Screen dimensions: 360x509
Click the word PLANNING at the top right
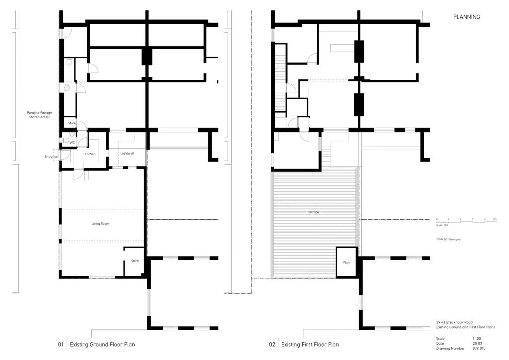pos(466,17)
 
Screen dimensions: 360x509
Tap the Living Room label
pos(100,224)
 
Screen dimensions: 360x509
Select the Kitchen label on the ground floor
pos(90,154)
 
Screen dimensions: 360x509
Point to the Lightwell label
pos(127,153)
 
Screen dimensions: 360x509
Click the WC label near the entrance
pos(72,142)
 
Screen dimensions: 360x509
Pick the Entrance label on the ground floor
pos(51,157)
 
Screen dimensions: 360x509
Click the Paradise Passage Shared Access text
pos(39,115)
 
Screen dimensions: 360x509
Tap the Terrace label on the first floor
pos(313,212)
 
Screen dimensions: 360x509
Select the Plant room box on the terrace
pos(347,262)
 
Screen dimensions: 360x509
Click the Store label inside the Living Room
pos(135,261)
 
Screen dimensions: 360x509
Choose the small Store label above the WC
pos(72,123)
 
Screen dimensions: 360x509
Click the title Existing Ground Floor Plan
pos(102,344)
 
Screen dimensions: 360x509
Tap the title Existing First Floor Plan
pos(310,344)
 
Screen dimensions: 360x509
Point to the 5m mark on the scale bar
pos(495,219)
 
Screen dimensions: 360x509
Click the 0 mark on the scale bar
pos(437,219)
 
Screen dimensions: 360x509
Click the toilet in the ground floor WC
pos(66,140)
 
